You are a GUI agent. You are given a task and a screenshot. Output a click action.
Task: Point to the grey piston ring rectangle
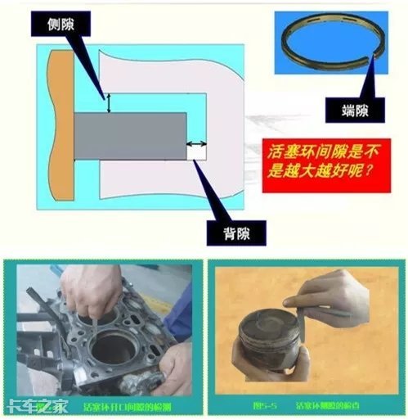(x=131, y=135)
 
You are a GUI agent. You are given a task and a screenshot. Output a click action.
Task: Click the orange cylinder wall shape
(x=61, y=123)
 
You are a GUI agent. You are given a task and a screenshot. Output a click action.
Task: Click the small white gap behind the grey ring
(x=197, y=150)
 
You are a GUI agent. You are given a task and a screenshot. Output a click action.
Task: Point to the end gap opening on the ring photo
(x=374, y=56)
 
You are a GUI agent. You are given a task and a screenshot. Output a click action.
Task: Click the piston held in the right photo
(x=266, y=344)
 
